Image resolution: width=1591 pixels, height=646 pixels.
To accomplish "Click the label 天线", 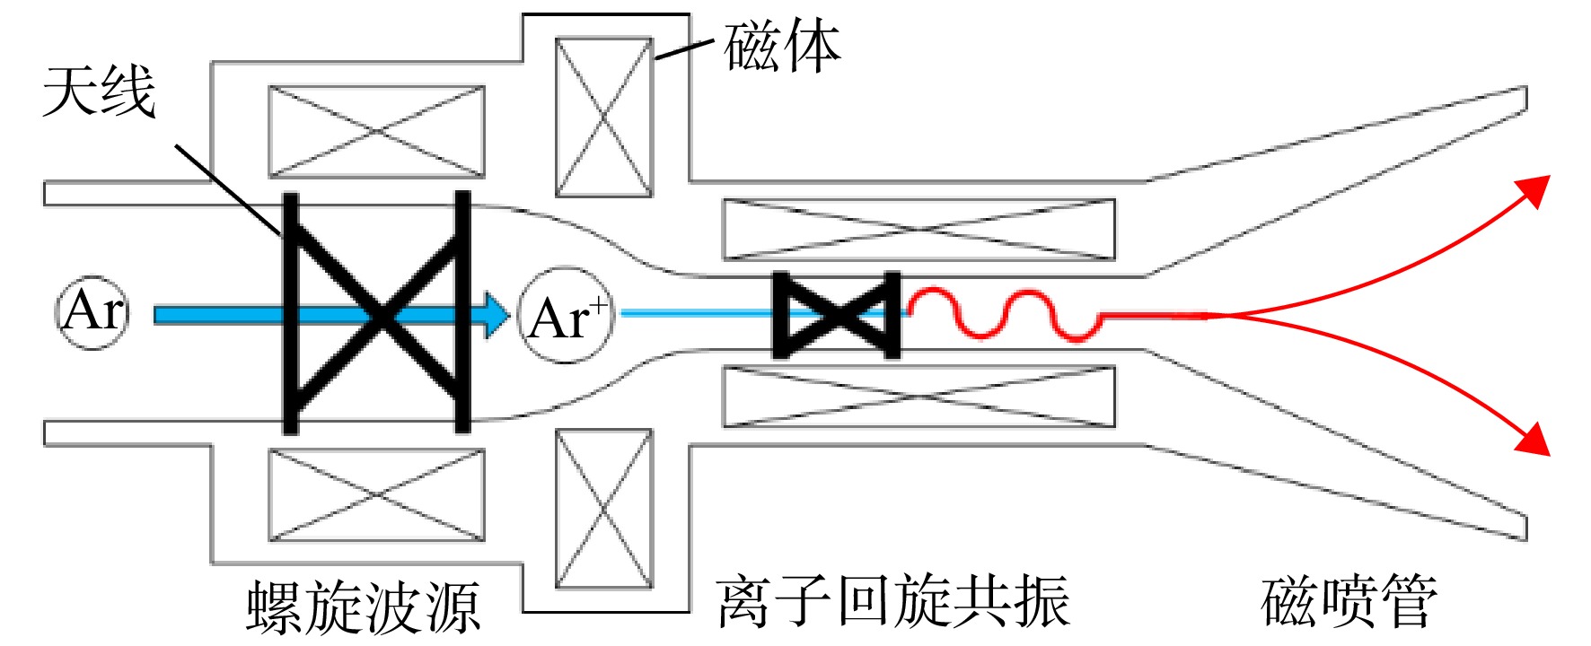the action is point(99,92).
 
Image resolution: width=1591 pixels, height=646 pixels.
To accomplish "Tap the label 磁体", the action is point(782,47).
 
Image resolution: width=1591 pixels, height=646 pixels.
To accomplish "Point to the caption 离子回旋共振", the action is point(893,601).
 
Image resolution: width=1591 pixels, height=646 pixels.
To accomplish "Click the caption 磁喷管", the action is point(1349,601).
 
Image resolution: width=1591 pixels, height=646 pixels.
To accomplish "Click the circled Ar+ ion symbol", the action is point(567,315).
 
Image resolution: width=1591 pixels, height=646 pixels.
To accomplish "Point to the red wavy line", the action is point(1006,315).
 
